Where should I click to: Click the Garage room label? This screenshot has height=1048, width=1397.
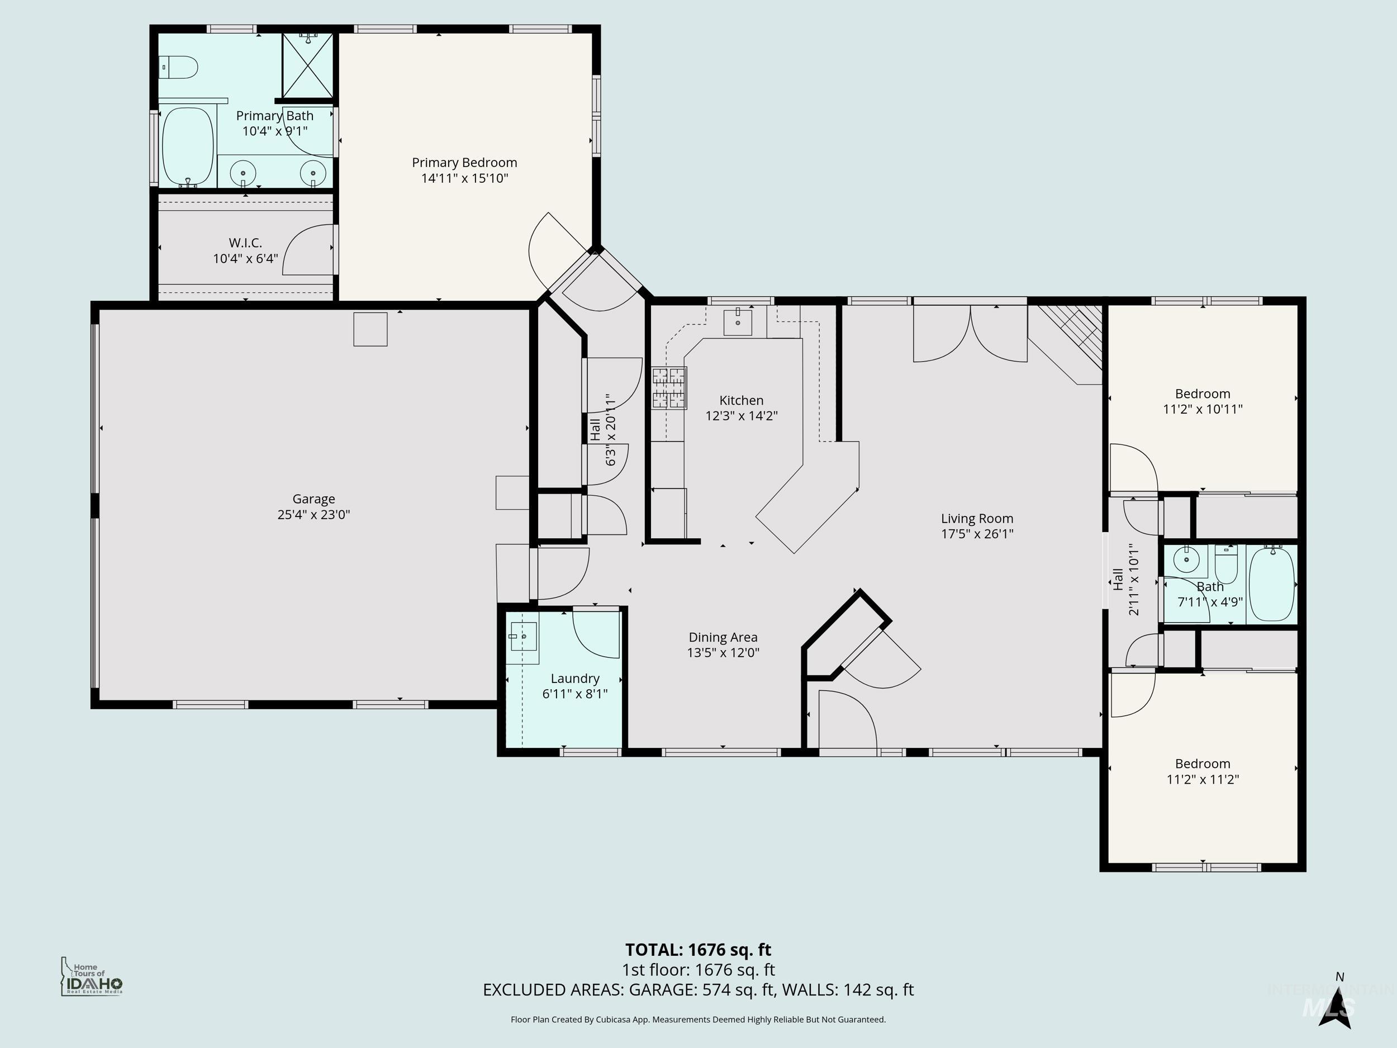[313, 499]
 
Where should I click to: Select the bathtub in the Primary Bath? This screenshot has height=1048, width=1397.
[187, 146]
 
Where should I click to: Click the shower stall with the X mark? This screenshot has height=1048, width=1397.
[307, 66]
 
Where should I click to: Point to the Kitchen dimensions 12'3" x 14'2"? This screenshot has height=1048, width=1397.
[741, 416]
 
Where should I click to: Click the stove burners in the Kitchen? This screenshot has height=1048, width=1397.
[669, 388]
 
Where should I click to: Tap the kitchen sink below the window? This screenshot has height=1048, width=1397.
[738, 322]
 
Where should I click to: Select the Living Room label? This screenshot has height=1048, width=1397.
[976, 519]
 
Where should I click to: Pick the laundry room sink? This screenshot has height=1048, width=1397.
[524, 637]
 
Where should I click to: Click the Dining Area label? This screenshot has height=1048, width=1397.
[723, 637]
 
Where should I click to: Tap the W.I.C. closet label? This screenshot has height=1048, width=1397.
[245, 243]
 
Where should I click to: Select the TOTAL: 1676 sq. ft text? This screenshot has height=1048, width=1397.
[698, 950]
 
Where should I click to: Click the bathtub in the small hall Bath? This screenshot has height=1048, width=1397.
[1271, 584]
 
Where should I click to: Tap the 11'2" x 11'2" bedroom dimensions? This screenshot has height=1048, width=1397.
[1202, 780]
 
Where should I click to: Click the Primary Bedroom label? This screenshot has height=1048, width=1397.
[464, 162]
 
